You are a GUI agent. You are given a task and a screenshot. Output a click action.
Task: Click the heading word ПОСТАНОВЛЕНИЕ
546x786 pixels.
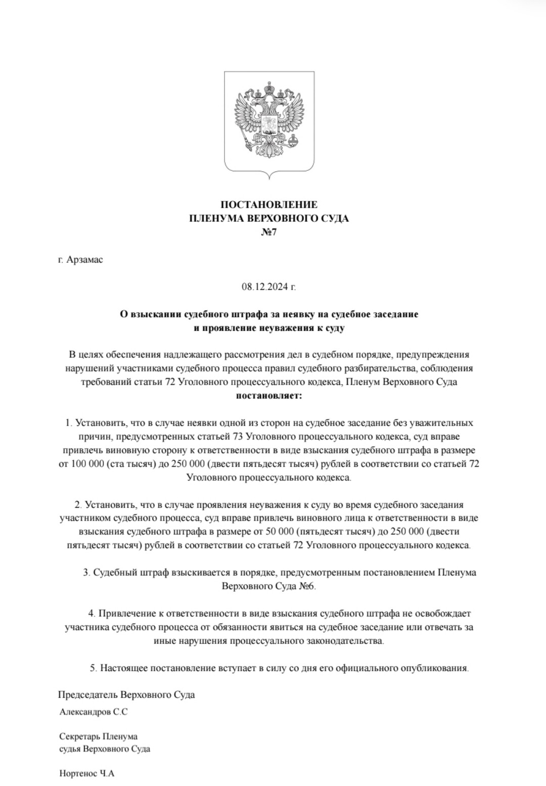[269, 205]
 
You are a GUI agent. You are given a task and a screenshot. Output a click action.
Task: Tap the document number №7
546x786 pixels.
[269, 233]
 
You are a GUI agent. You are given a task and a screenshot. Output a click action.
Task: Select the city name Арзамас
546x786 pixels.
[84, 260]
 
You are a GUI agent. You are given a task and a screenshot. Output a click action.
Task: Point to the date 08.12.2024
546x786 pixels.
[265, 287]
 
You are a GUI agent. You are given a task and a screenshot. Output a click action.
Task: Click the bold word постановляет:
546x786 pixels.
[269, 395]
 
